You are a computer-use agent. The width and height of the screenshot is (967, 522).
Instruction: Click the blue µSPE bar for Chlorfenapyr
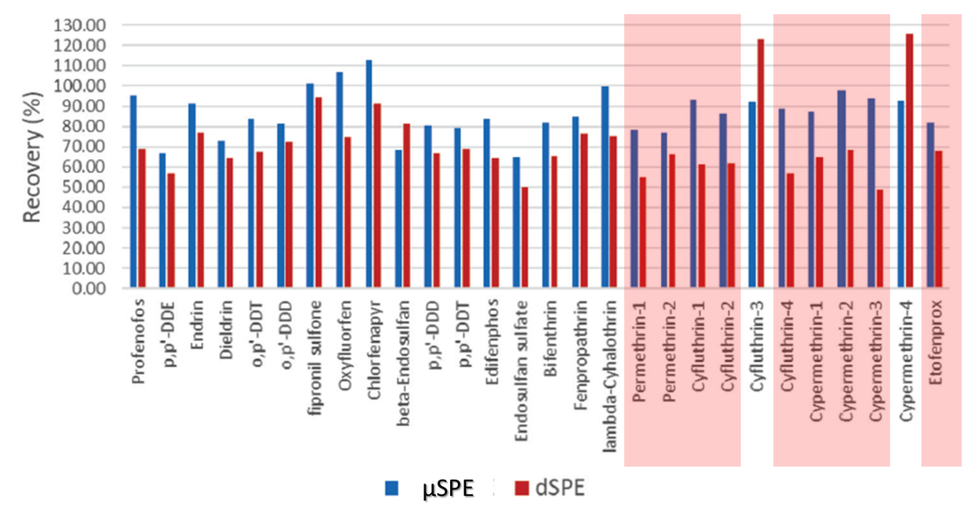pyautogui.click(x=368, y=175)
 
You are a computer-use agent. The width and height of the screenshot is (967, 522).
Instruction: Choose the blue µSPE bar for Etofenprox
pyautogui.click(x=930, y=205)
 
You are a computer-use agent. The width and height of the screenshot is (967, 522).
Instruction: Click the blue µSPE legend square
pyautogui.click(x=393, y=488)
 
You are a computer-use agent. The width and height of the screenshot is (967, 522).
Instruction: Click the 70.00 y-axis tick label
pyautogui.click(x=84, y=147)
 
